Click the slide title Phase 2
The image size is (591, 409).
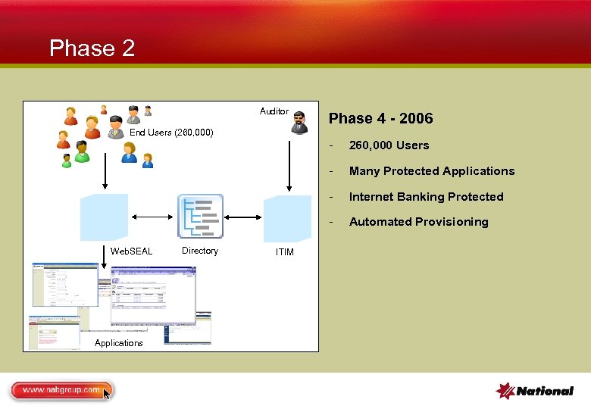point(92,48)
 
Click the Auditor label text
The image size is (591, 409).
point(274,111)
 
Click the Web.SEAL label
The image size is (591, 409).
point(131,251)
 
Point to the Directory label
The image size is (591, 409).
point(200,251)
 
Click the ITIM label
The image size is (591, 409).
point(284,252)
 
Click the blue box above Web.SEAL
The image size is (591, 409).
point(105,217)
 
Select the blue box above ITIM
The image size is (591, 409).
point(287,218)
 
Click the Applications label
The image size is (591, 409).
point(118,343)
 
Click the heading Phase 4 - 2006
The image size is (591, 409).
point(380,118)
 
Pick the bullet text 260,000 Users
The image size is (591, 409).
point(389,145)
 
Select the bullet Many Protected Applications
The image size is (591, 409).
point(431,171)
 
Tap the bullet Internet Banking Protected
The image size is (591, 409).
point(426,197)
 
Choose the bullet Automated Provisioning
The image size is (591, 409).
point(418,222)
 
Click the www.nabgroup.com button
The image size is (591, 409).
point(61,390)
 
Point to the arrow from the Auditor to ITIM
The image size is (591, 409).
point(288,163)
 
